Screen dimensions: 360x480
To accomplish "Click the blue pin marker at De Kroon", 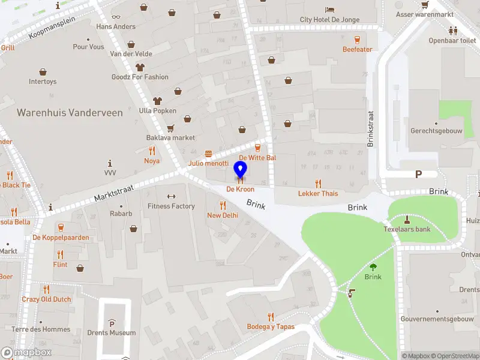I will [241, 169].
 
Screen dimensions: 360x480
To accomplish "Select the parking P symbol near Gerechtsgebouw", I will [418, 174].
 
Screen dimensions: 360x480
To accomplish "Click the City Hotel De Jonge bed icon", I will [330, 10].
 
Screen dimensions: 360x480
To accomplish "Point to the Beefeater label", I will [358, 49].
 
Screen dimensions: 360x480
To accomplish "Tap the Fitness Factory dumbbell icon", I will [171, 196].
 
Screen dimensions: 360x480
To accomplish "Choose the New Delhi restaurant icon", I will [223, 205].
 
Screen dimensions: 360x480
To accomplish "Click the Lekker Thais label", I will [318, 193].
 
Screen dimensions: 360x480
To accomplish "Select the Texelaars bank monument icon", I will [407, 219].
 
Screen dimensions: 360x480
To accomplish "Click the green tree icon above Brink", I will [373, 267].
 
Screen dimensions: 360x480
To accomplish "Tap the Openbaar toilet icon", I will [452, 31].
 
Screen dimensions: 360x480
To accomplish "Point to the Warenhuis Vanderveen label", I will [70, 113].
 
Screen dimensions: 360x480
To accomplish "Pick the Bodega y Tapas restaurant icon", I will [271, 317].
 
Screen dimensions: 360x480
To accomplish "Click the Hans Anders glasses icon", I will [116, 17].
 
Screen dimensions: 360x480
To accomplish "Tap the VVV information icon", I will [110, 163].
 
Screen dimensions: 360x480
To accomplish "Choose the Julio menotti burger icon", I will [208, 154].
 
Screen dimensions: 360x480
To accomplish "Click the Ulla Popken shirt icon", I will [158, 101].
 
